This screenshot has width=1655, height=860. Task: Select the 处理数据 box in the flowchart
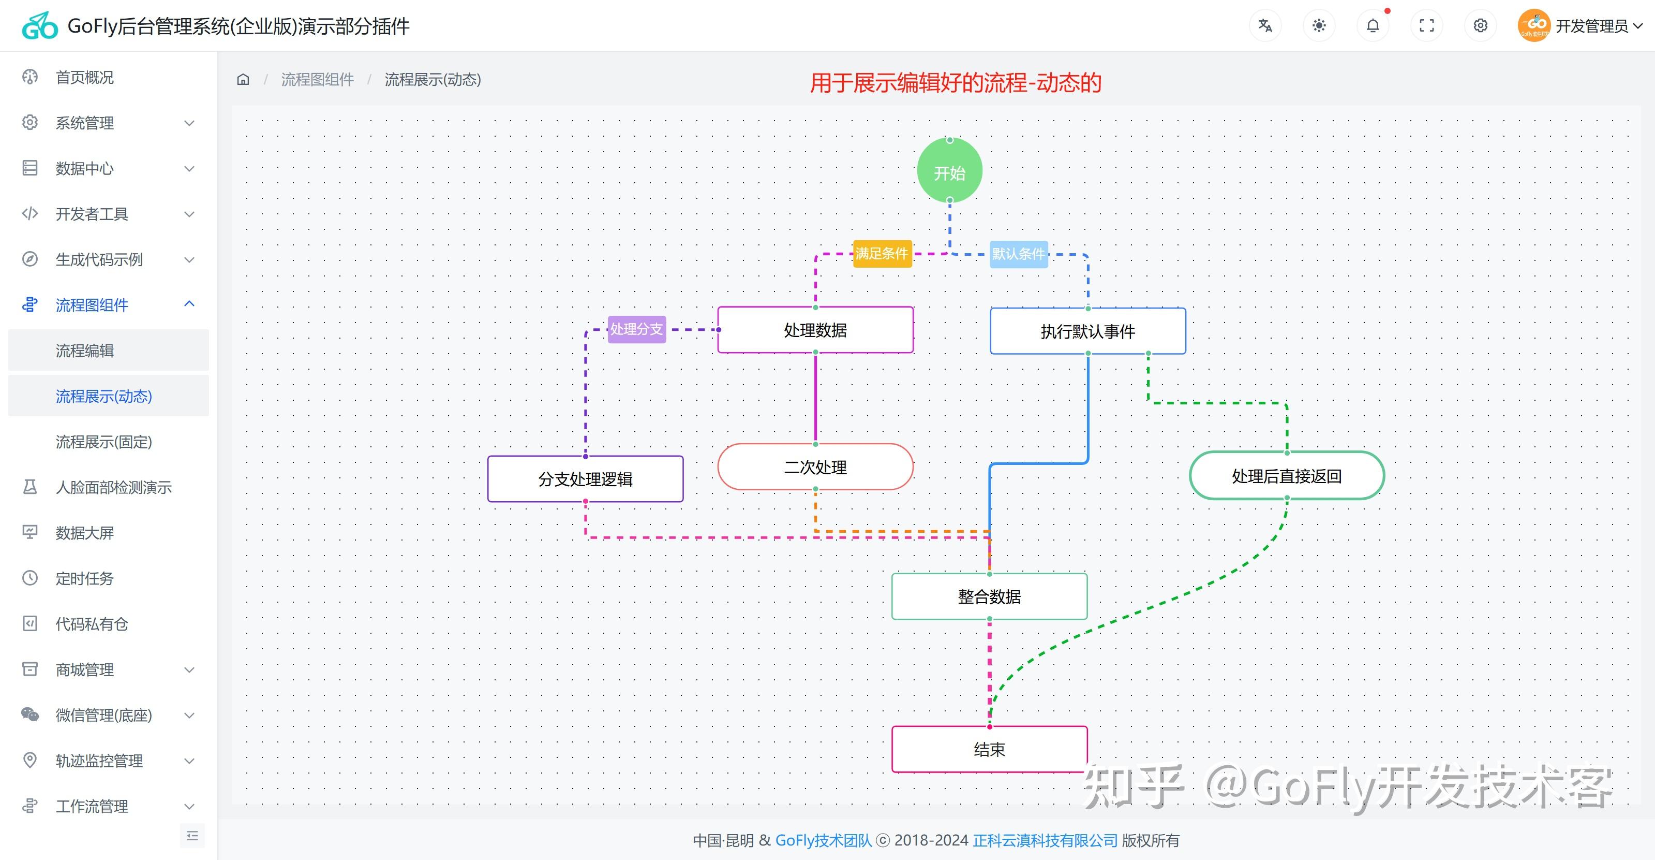[x=815, y=330]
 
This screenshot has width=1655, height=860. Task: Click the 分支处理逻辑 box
[x=585, y=479]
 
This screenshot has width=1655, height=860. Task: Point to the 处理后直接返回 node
[x=1286, y=476]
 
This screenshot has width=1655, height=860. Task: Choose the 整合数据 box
[x=989, y=596]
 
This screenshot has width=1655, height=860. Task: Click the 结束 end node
[x=989, y=749]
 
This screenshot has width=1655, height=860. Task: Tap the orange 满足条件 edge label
[x=882, y=254]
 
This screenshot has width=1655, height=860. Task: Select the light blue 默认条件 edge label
[x=1018, y=254]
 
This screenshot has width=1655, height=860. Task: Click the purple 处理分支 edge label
[x=636, y=329]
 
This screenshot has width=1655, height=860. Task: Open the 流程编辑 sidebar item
[x=85, y=351]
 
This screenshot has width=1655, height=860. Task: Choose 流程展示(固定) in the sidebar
[x=103, y=442]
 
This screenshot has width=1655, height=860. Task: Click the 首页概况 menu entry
[x=85, y=77]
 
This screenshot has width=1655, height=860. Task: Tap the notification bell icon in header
[x=1373, y=26]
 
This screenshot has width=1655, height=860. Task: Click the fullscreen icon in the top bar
[x=1426, y=26]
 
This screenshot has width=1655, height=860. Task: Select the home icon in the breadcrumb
[x=243, y=80]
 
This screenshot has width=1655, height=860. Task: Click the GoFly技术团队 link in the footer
[x=823, y=840]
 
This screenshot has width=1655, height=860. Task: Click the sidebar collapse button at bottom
[x=191, y=836]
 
